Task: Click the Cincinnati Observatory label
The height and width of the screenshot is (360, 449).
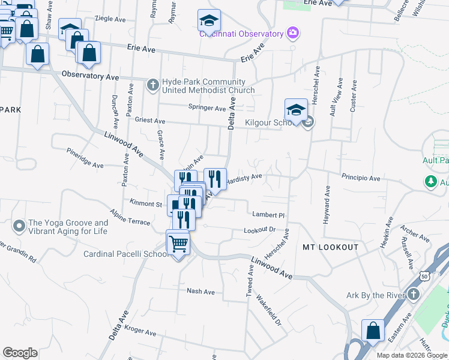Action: pyautogui.click(x=241, y=34)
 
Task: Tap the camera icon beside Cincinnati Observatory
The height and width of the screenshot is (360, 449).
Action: pyautogui.click(x=293, y=32)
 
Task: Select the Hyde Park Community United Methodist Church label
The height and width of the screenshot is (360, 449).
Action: pyautogui.click(x=208, y=86)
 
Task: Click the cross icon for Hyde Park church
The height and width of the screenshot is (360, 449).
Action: pyautogui.click(x=152, y=85)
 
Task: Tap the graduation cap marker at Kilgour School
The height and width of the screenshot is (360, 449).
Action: pyautogui.click(x=296, y=110)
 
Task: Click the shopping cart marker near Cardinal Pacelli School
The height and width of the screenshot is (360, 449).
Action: pyautogui.click(x=178, y=243)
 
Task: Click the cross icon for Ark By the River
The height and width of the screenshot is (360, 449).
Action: pyautogui.click(x=413, y=294)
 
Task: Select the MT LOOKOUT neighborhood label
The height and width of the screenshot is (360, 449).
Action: pyautogui.click(x=330, y=247)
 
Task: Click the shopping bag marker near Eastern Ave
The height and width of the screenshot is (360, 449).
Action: pyautogui.click(x=373, y=331)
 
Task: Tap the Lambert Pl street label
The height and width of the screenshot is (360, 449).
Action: pyautogui.click(x=268, y=214)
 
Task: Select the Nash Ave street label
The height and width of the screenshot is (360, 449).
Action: pyautogui.click(x=200, y=292)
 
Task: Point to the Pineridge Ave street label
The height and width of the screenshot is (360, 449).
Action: pyautogui.click(x=85, y=158)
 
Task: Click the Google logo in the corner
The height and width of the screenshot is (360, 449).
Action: pyautogui.click(x=20, y=353)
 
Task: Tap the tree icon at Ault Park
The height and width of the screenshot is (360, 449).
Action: pyautogui.click(x=430, y=180)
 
